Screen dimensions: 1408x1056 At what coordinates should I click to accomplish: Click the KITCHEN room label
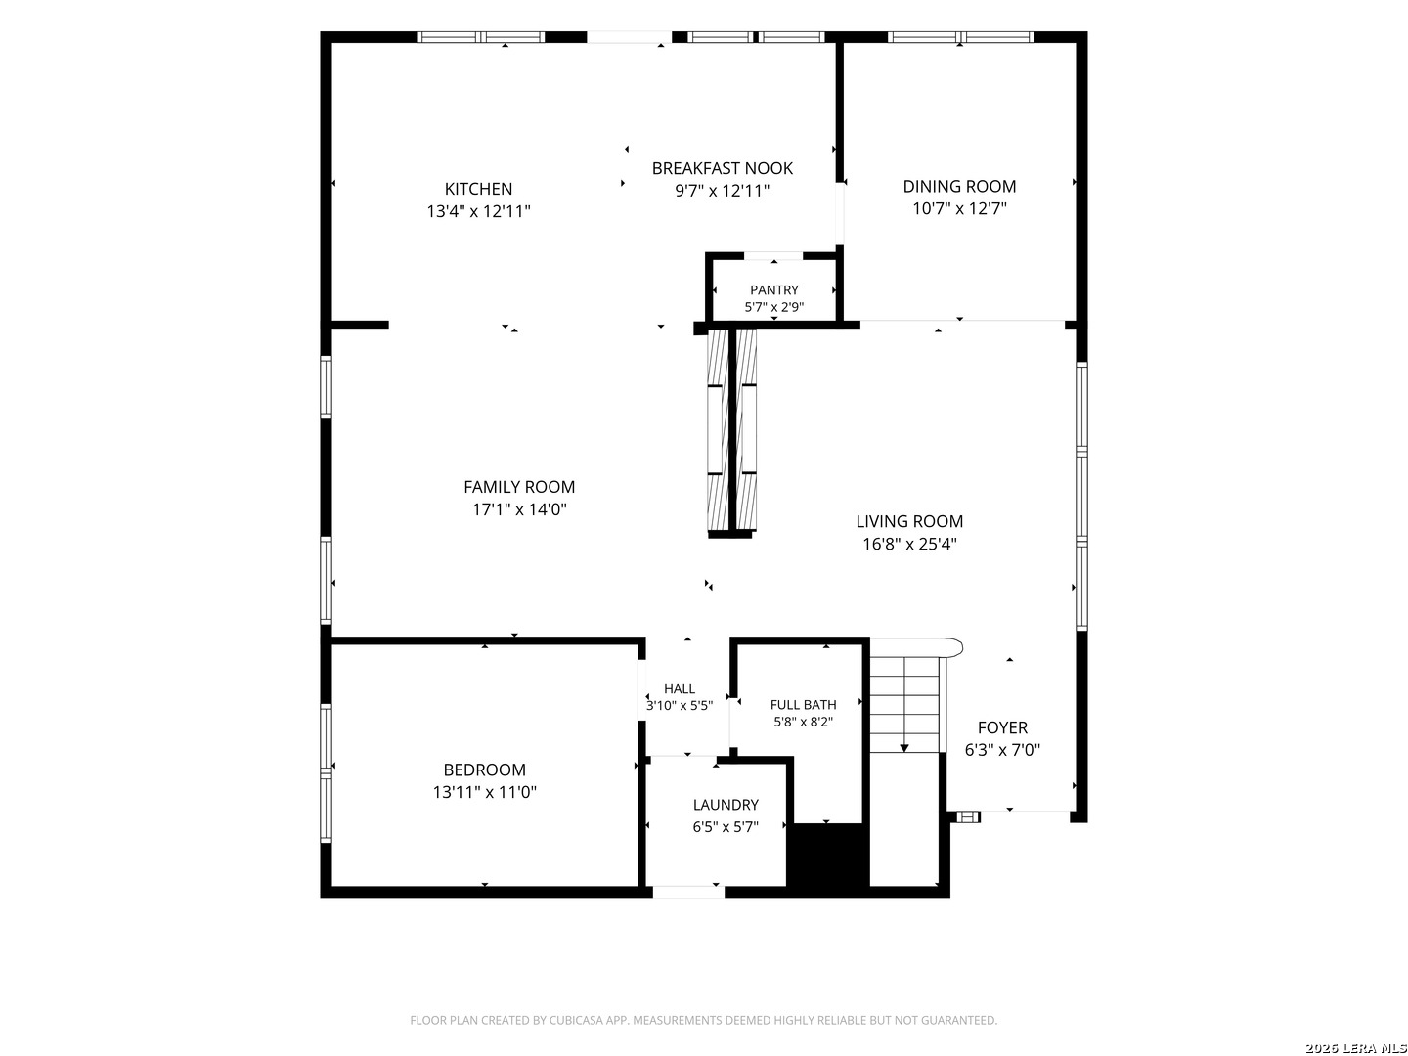coord(478,189)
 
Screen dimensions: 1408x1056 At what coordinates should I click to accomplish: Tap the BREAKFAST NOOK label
coord(722,168)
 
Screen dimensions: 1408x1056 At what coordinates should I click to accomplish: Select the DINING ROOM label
coord(959,186)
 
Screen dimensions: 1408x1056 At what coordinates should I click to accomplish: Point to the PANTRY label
coord(773,289)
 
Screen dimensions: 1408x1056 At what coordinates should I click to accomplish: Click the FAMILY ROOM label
coord(519,487)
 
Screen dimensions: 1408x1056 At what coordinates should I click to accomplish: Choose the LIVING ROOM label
coord(909,521)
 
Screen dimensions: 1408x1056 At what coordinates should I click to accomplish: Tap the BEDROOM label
coord(484,770)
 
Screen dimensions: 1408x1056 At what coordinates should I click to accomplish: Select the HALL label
coord(679,688)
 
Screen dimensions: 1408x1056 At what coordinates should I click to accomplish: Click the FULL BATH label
coord(803,705)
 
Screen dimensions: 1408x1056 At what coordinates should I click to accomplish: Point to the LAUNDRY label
coord(725,805)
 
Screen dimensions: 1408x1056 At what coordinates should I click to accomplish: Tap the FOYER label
coord(1002,727)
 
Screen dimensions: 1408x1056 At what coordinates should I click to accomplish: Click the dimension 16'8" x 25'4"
coord(909,544)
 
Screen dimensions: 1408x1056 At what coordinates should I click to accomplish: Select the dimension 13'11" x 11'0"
coord(484,792)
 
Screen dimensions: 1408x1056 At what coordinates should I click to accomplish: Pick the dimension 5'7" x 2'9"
coord(773,307)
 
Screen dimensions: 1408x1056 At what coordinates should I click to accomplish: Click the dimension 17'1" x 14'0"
coord(519,509)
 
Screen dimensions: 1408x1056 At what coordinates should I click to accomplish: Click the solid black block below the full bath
coord(827,855)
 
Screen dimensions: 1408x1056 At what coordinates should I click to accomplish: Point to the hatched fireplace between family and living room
coord(730,433)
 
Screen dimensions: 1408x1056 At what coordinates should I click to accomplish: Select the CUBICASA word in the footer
coord(574,1020)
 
